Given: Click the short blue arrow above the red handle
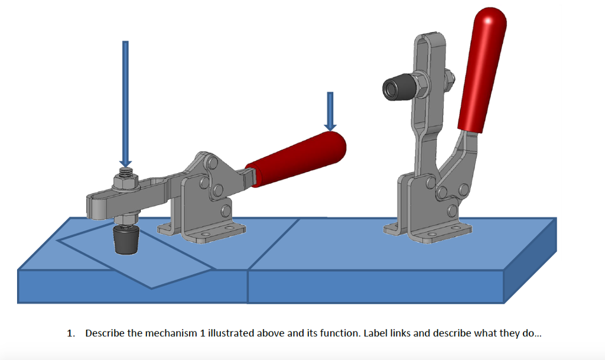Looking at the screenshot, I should coord(330,112).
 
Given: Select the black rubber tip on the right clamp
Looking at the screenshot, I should coord(395,88).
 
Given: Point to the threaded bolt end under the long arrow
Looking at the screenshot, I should coord(125,173).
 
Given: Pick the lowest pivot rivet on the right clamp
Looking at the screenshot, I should coord(452,209).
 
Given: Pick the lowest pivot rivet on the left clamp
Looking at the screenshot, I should coord(225,210).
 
